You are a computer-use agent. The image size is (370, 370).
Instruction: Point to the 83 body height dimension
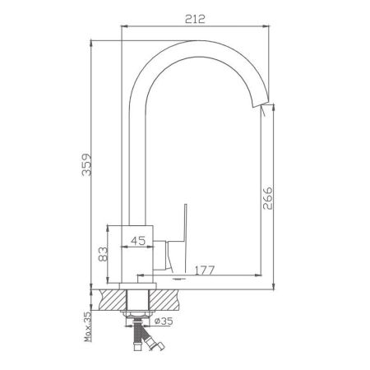[x=103, y=254]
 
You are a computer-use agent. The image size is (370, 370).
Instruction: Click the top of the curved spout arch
[x=197, y=40]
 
